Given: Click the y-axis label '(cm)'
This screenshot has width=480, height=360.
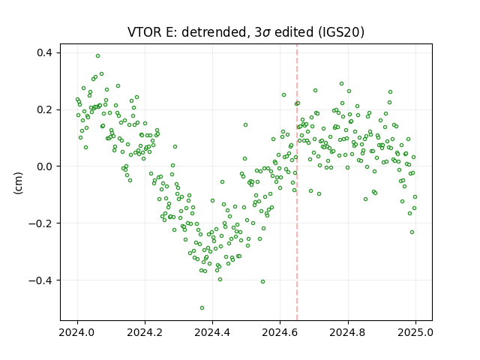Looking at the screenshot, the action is (x=18, y=183).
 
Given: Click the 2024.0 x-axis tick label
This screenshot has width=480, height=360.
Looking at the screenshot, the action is (x=77, y=332).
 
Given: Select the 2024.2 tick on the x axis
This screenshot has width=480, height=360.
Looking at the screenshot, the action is (x=145, y=332).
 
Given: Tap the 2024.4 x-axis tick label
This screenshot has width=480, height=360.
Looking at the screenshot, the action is (x=212, y=332).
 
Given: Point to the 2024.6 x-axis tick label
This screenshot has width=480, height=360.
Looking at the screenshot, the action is (x=280, y=332).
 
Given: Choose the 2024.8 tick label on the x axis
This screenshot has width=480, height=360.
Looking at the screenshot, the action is (x=347, y=332).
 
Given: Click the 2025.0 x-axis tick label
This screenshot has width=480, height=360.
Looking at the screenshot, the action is (x=415, y=332).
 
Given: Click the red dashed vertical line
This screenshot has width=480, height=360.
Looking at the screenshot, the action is (x=297, y=182).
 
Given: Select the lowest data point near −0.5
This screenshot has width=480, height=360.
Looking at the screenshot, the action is (x=202, y=308).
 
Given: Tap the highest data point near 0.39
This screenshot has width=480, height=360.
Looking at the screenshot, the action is (x=98, y=56).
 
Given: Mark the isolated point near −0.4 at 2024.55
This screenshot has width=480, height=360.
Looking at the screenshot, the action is (x=262, y=282).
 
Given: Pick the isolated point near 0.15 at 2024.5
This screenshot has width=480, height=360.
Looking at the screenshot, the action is (x=245, y=125).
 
